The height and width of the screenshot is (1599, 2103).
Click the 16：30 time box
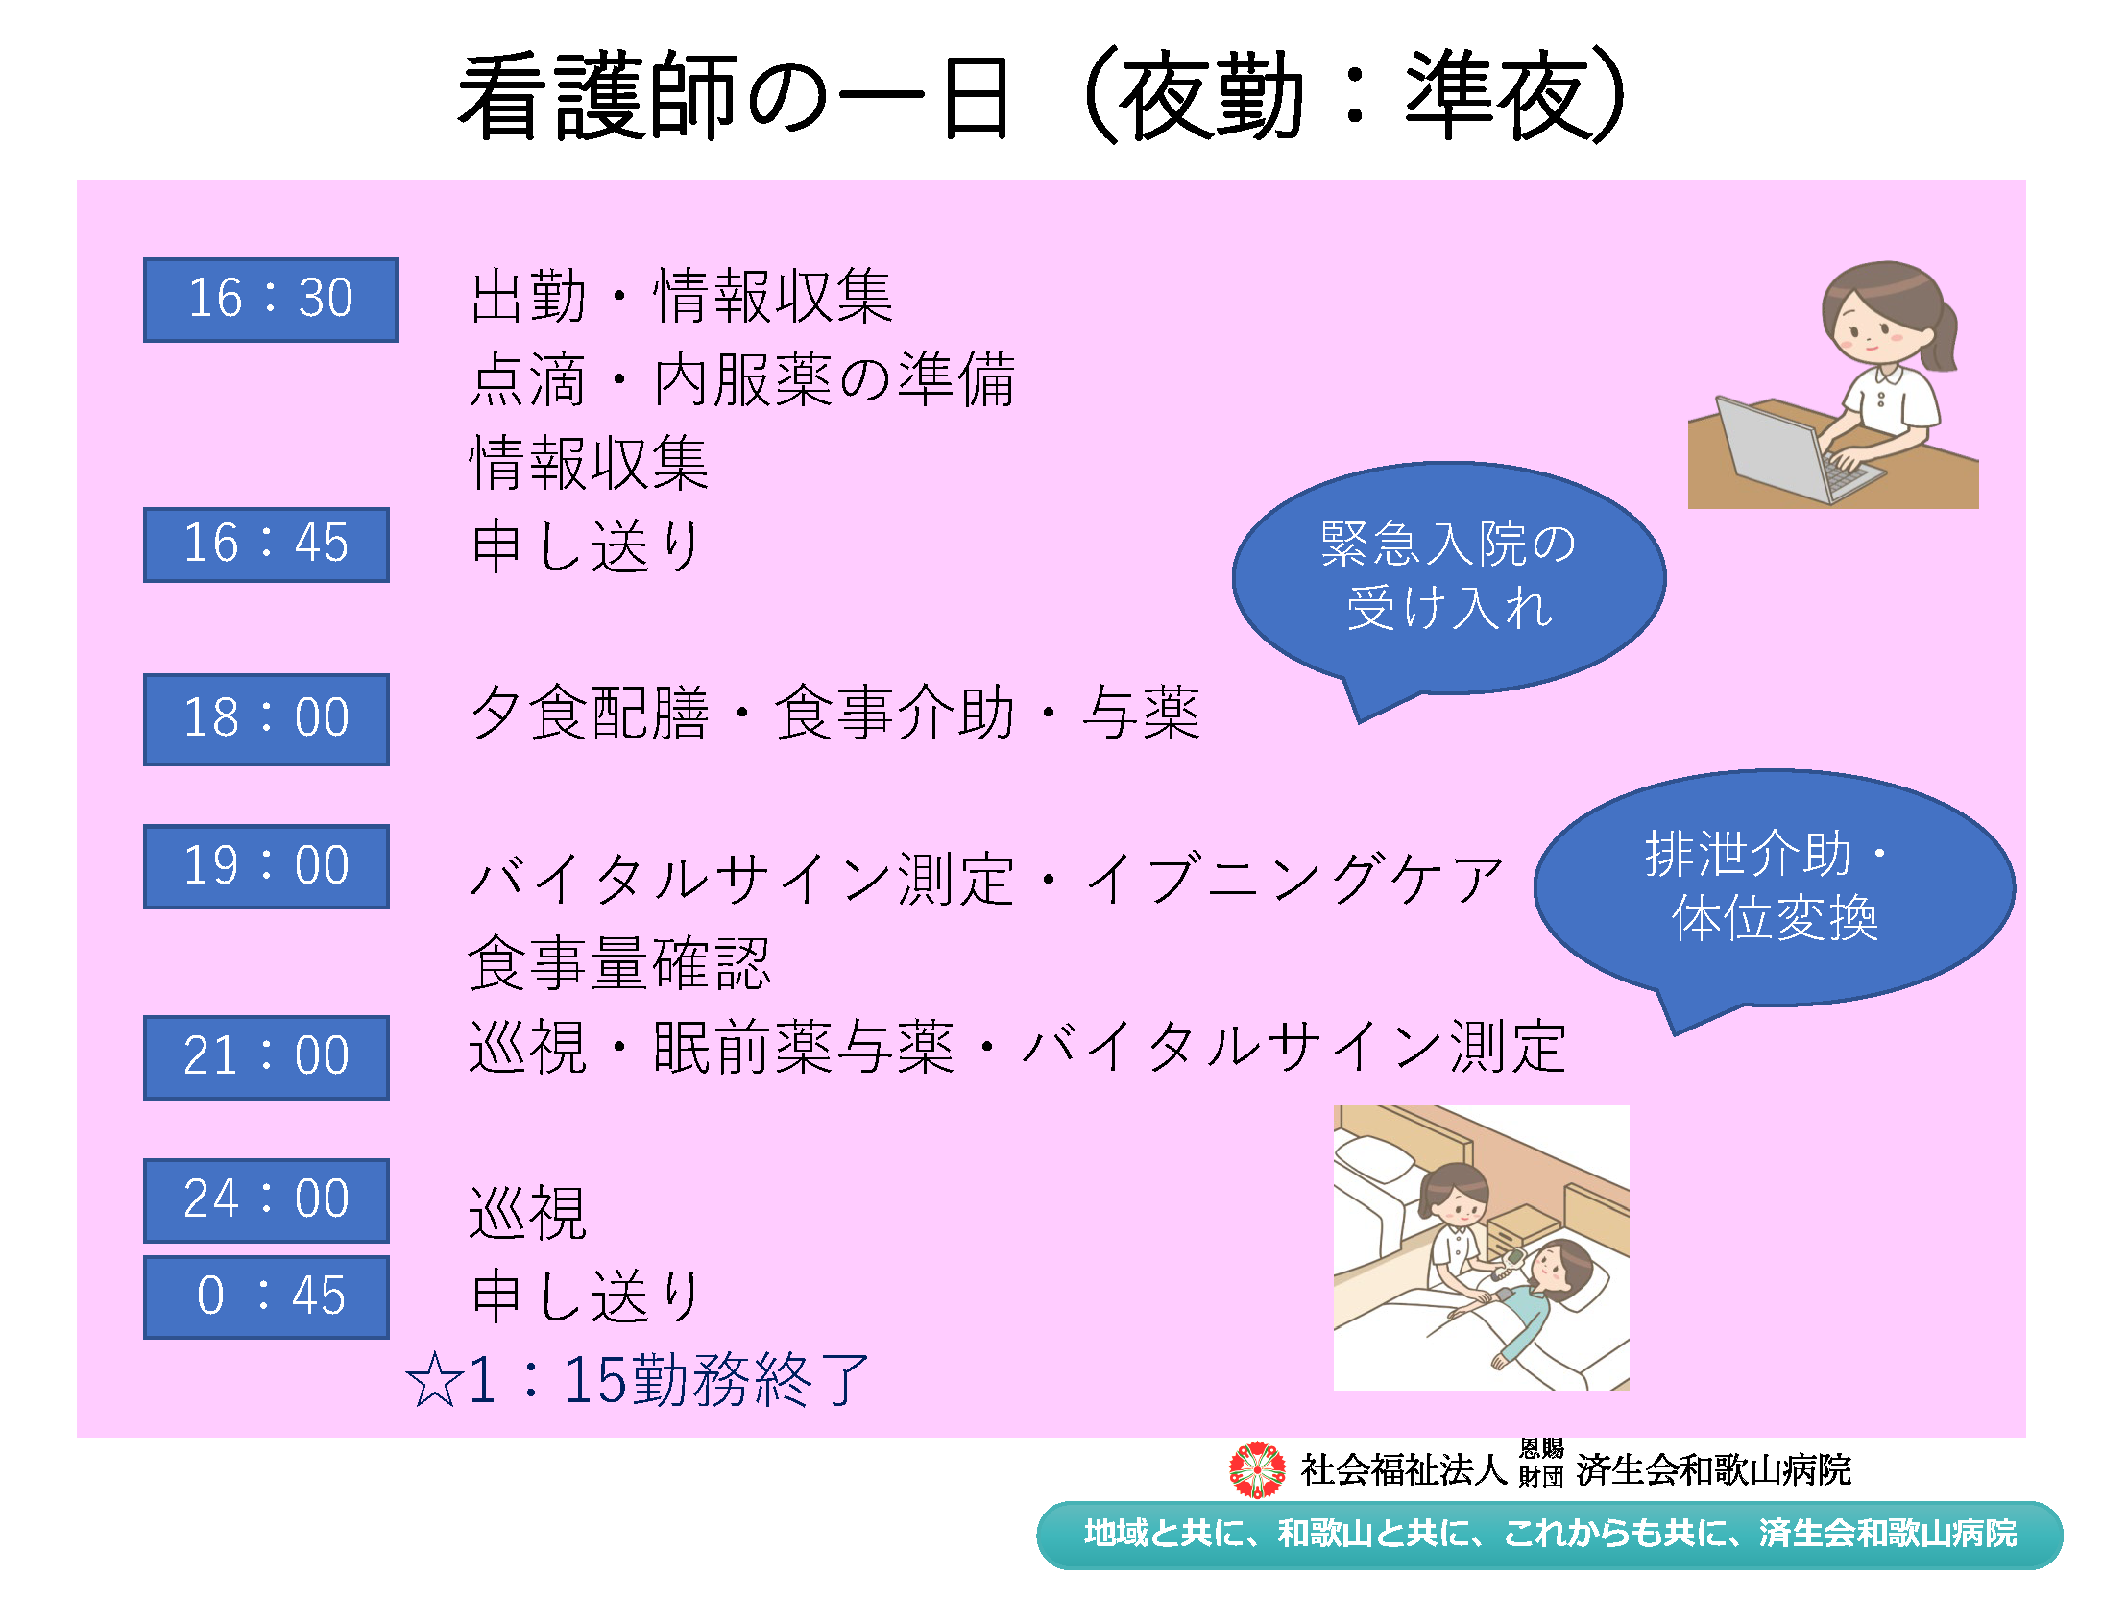pyautogui.click(x=270, y=300)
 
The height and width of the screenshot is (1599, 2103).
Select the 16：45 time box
pyautogui.click(x=266, y=545)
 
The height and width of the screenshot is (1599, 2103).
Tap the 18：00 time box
pyautogui.click(x=266, y=719)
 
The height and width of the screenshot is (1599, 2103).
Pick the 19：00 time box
pyautogui.click(x=266, y=866)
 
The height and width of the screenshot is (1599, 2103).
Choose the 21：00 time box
pyautogui.click(x=266, y=1057)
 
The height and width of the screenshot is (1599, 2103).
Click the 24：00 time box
pyautogui.click(x=266, y=1200)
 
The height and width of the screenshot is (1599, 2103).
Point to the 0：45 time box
pyautogui.click(x=266, y=1296)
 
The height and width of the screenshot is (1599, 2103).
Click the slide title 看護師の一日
pyautogui.click(x=736, y=96)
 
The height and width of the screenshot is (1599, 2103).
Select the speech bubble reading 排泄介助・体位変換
pyautogui.click(x=1774, y=888)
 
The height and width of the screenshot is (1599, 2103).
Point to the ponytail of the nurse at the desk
pyautogui.click(x=1940, y=336)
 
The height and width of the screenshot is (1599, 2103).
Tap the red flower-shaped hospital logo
pyautogui.click(x=1258, y=1469)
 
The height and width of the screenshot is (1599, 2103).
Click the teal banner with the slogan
pyautogui.click(x=1550, y=1535)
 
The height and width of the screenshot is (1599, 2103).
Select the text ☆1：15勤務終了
pyautogui.click(x=638, y=1380)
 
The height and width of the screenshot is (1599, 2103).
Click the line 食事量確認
pyautogui.click(x=619, y=963)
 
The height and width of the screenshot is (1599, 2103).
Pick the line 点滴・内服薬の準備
pyautogui.click(x=742, y=379)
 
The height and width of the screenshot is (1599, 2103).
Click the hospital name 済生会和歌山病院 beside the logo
pyautogui.click(x=1714, y=1469)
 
